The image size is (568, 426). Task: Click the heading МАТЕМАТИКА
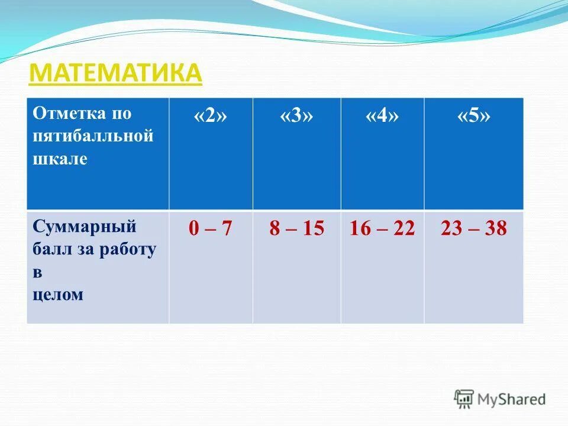coord(115,73)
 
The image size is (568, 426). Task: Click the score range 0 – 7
coord(210,229)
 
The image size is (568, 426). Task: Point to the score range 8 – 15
coord(296,229)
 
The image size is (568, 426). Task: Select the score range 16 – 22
coord(382,229)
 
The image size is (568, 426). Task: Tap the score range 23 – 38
coord(473,229)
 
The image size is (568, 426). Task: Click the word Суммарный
coord(85,226)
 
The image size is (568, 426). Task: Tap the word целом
coord(58,295)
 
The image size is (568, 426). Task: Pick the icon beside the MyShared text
coord(464,399)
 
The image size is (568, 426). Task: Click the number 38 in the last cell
coord(495,229)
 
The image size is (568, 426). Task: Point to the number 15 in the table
coord(314,229)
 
